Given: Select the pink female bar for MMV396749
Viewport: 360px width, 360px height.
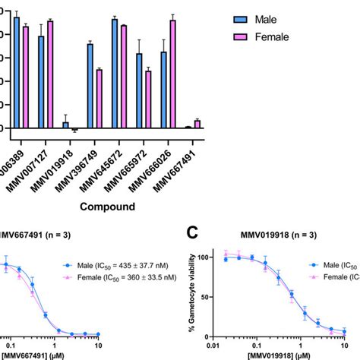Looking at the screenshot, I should click(98, 98).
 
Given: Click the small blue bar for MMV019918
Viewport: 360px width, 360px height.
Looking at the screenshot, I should click(65, 125).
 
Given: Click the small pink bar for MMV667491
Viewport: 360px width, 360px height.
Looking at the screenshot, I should click(197, 124).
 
